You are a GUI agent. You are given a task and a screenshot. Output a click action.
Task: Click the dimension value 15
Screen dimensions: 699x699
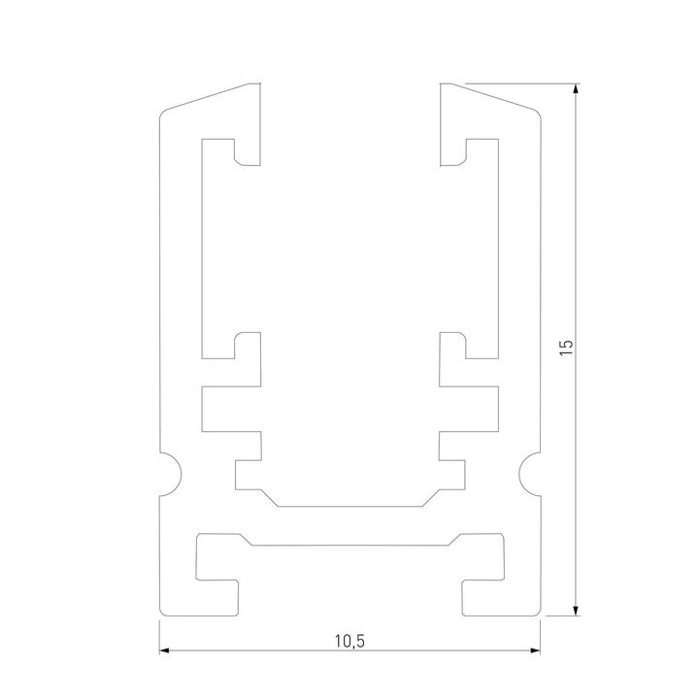[567, 349]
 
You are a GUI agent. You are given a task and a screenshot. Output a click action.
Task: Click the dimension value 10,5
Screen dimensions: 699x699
[349, 641]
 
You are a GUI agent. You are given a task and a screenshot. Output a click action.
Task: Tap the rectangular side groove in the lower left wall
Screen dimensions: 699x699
[218, 409]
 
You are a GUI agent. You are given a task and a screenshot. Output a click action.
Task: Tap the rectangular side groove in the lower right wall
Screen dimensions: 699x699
[482, 409]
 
